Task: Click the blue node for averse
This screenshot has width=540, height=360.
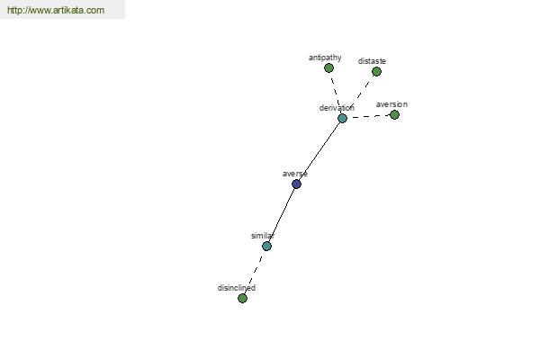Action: (x=296, y=184)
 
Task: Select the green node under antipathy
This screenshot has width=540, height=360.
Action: (x=328, y=67)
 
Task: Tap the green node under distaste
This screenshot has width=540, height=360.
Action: (x=376, y=71)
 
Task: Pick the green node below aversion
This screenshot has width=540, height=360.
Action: (x=394, y=114)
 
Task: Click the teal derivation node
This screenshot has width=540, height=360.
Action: (x=342, y=118)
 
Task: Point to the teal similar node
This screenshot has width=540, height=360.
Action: (x=266, y=246)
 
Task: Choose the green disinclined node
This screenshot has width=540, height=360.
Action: (x=242, y=298)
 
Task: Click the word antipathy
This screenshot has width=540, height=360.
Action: (x=325, y=58)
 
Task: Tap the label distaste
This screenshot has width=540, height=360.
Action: (x=372, y=61)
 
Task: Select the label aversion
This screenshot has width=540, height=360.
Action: (x=391, y=104)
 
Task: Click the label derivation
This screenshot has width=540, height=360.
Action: (x=337, y=108)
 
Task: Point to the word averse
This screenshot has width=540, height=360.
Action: (x=295, y=174)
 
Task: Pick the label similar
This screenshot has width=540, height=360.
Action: (x=263, y=236)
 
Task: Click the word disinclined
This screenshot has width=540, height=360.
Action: (x=236, y=288)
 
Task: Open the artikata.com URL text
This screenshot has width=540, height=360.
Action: (x=56, y=10)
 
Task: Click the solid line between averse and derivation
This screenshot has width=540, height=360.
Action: (x=319, y=151)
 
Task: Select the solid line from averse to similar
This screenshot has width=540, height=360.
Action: (x=282, y=215)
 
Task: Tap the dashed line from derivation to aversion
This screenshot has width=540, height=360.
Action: (x=368, y=116)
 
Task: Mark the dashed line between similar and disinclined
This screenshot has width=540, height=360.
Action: (x=255, y=272)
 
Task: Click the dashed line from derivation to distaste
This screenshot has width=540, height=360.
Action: (x=359, y=94)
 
